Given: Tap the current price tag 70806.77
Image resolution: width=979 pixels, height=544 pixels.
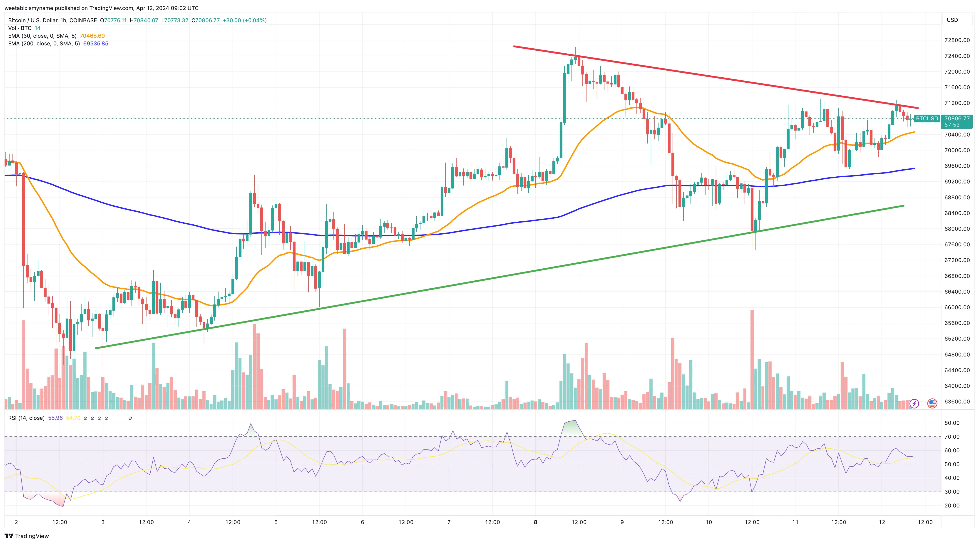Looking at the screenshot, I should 957,119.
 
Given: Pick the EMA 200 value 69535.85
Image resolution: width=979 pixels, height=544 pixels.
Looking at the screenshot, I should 96,44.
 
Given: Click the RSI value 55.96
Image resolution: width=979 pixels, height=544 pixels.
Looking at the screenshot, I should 55,418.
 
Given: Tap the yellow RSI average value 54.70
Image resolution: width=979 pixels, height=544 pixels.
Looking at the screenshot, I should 73,418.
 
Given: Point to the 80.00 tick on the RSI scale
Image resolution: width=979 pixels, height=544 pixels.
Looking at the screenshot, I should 952,423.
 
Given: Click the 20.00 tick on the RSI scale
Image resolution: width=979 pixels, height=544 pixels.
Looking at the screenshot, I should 952,506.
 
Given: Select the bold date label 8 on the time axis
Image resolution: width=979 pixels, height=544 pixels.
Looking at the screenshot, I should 535,522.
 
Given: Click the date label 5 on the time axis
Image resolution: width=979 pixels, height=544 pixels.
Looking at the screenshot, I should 276,522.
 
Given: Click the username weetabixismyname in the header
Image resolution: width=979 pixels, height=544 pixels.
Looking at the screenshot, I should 28,8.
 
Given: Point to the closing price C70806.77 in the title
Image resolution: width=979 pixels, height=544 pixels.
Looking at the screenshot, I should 206,20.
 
